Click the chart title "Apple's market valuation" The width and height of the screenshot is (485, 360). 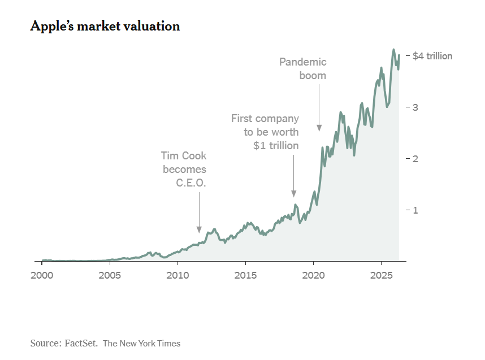[105, 26]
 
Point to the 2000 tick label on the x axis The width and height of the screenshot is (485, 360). [42, 275]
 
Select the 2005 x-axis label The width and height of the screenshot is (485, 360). [110, 275]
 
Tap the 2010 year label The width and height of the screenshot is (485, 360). [177, 275]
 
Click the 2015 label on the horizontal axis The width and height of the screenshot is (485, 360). [245, 275]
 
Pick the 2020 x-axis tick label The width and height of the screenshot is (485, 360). [313, 275]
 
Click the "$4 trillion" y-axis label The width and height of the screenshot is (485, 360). [432, 56]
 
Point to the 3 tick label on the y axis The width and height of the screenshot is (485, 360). [415, 107]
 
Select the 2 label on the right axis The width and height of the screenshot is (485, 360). [415, 159]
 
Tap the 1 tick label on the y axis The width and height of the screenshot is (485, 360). [415, 210]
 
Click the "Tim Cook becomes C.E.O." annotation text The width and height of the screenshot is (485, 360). [184, 168]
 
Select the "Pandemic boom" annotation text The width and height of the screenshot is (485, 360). [303, 68]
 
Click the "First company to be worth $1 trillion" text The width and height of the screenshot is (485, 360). [265, 132]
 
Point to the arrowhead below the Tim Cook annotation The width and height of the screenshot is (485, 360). [199, 229]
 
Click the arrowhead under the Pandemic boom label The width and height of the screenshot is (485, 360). [319, 128]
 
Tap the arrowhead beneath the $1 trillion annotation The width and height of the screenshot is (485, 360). [293, 194]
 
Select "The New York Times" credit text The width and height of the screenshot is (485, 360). [141, 343]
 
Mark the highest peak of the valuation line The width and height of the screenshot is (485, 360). [393, 50]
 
